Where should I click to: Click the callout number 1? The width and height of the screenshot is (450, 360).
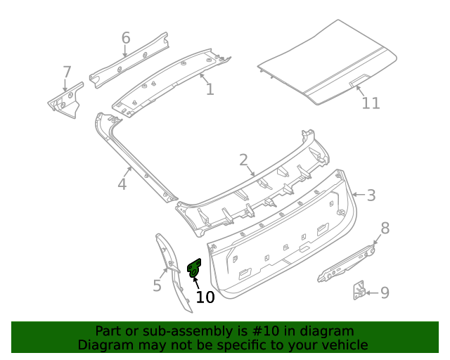coord(210,89)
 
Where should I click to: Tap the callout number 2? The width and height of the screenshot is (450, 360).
coord(243,161)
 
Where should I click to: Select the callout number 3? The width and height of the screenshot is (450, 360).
coord(371,195)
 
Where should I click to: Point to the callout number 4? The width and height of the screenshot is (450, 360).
coord(122,184)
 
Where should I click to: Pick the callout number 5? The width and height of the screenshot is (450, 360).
coord(157,285)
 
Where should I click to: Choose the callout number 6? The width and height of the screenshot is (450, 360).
coord(126,37)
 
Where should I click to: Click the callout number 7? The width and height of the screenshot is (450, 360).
coord(67,72)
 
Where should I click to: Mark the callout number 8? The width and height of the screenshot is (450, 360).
coord(385,227)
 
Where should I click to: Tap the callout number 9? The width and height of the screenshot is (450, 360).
coord(385,292)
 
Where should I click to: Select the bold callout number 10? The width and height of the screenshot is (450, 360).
coord(205,297)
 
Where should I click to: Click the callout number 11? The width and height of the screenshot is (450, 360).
coord(371,103)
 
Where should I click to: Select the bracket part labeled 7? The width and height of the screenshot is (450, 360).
coord(65,100)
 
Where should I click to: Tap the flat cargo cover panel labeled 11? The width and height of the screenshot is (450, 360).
coord(323,60)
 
